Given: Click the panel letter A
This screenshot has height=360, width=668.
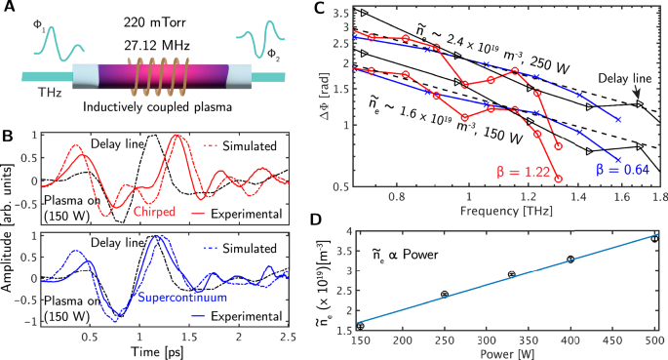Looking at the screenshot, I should click(x=10, y=10).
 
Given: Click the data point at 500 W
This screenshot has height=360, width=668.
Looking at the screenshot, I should click(x=655, y=237).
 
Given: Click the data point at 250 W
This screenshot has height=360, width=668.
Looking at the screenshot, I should click(x=445, y=294).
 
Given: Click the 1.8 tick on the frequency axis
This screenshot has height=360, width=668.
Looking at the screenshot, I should click(x=654, y=195).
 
